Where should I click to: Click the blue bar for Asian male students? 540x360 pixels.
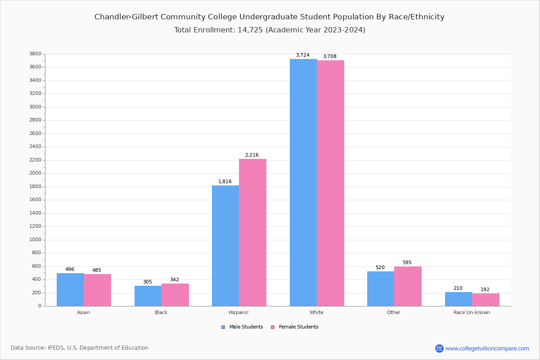[70, 289]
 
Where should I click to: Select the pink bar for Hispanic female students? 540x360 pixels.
[252, 232]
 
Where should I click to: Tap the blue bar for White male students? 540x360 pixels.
[303, 182]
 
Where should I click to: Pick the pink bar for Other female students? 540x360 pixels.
[408, 286]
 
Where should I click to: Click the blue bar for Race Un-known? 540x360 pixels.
[459, 299]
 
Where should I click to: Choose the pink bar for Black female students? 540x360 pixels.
[175, 295]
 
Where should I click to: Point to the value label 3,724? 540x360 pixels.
[302, 55]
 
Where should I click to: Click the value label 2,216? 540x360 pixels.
[252, 155]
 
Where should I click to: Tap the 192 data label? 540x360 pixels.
[485, 290]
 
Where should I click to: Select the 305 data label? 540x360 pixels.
[148, 282]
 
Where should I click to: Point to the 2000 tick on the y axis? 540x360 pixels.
[36, 173]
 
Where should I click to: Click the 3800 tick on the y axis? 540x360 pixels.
[36, 54]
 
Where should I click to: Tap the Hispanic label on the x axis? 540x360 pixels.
[238, 312]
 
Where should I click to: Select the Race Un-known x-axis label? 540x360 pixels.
[472, 312]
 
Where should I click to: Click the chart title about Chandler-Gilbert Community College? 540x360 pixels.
[269, 17]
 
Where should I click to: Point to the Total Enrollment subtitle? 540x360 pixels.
[269, 30]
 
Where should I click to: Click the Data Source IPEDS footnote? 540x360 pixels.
[80, 348]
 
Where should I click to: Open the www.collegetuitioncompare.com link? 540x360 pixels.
[487, 348]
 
